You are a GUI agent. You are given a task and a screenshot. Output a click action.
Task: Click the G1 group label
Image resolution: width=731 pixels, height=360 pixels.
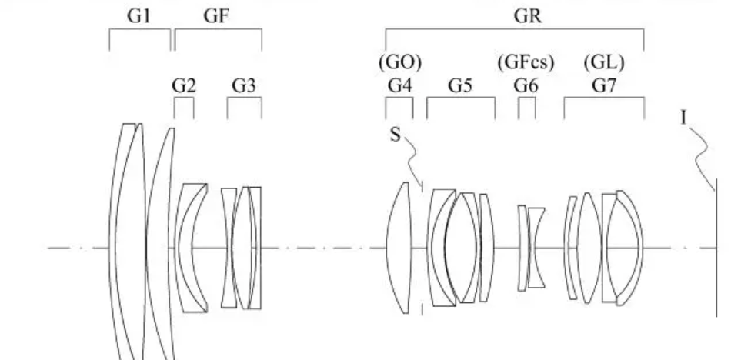click(x=139, y=18)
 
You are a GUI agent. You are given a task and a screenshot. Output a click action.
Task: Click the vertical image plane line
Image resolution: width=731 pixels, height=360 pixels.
click(x=716, y=254)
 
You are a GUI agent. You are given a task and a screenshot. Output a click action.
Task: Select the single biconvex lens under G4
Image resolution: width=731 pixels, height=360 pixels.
click(x=402, y=248)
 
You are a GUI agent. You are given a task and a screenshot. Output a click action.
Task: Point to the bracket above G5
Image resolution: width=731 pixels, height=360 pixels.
click(x=460, y=101)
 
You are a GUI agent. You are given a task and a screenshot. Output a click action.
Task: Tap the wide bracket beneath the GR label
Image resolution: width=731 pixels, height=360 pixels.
click(x=514, y=31)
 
